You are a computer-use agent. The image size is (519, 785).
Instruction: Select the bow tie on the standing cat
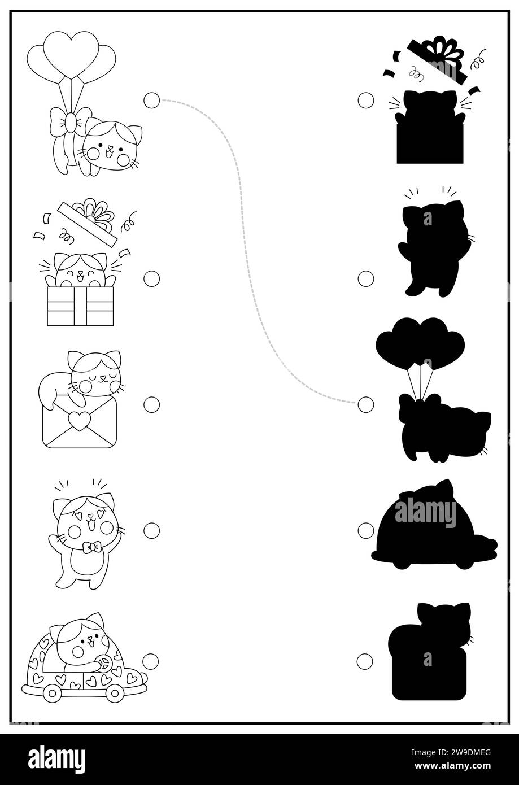92,547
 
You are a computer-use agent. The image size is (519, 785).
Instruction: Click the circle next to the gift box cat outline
151,278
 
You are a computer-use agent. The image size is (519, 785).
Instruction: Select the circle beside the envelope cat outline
151,404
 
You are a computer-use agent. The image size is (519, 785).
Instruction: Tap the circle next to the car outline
151,661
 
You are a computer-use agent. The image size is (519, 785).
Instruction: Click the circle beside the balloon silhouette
366,404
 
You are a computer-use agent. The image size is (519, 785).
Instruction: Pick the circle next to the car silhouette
366,530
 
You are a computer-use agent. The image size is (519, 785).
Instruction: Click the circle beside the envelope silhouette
365,661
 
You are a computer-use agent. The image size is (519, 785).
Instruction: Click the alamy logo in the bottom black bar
56,759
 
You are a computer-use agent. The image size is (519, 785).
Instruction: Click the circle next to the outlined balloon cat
151,101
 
